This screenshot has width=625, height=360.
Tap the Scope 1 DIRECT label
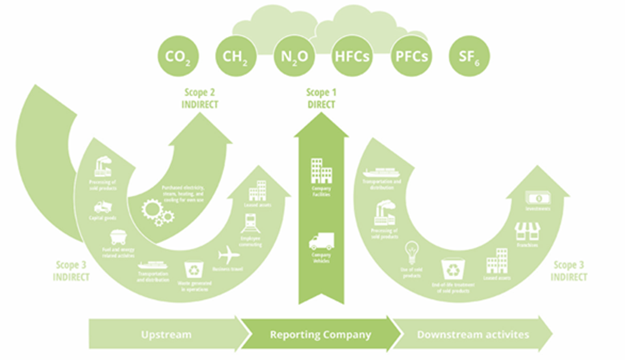[321, 98]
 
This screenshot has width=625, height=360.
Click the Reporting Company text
[320, 335]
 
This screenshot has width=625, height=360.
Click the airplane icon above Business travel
[229, 256]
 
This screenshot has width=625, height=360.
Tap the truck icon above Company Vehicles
[321, 241]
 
